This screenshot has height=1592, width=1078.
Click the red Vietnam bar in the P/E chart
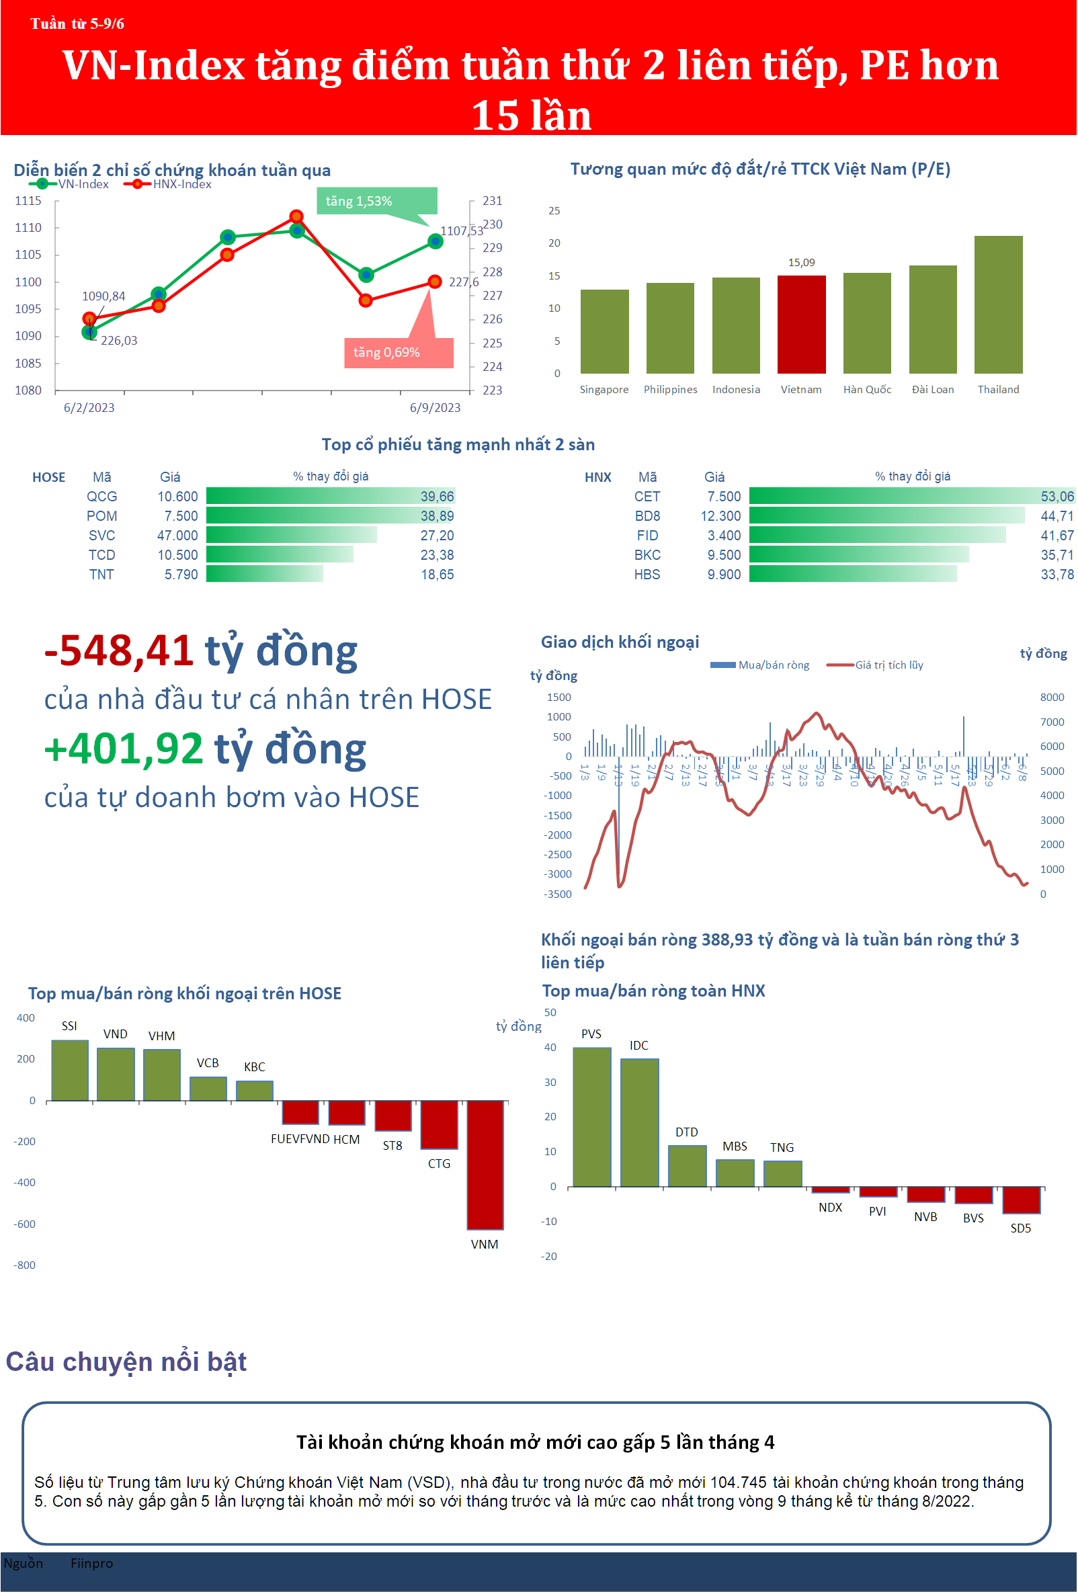(x=801, y=325)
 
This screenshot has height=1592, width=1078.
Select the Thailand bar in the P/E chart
(x=998, y=305)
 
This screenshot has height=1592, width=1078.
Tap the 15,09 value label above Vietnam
(x=801, y=262)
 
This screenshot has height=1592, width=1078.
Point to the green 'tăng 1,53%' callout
(x=376, y=202)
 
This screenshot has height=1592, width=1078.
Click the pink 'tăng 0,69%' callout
(x=398, y=353)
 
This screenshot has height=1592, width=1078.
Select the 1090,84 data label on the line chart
(x=103, y=296)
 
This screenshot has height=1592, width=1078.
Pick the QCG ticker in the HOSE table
(x=101, y=496)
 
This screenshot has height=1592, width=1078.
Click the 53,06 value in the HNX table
(x=1056, y=496)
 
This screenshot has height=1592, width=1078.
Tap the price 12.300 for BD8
(x=720, y=516)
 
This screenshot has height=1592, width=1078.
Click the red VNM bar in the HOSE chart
(x=485, y=1165)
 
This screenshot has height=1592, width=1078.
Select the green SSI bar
(x=70, y=1070)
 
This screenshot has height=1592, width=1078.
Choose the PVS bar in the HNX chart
(x=591, y=1117)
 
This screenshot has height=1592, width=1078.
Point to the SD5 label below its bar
(x=1020, y=1228)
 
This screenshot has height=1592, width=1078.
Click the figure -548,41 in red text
(x=118, y=650)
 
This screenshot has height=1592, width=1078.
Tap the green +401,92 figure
(x=123, y=748)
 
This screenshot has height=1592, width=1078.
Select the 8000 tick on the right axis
(x=1051, y=698)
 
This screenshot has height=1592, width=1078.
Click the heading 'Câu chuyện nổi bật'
(x=126, y=1361)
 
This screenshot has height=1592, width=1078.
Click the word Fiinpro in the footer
(x=91, y=1563)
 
